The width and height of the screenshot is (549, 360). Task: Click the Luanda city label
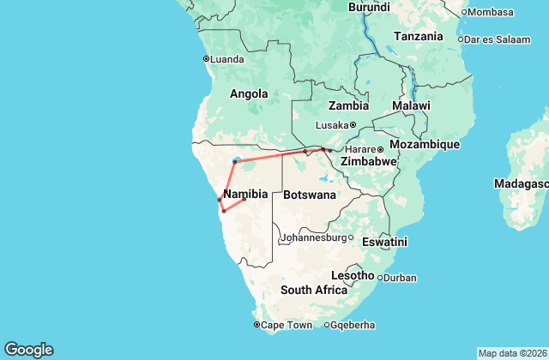tap(227, 59)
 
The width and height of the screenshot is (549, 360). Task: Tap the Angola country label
tap(249, 94)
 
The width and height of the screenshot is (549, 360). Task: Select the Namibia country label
tap(244, 194)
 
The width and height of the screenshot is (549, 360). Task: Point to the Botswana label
tap(309, 195)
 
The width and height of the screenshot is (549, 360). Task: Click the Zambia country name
tap(349, 106)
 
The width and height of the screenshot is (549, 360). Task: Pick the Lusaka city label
tap(332, 125)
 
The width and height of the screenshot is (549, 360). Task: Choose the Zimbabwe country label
tap(368, 161)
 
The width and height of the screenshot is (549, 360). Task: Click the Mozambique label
tap(425, 144)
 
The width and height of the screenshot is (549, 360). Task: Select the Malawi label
tap(410, 105)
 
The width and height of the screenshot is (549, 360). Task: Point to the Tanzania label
tap(418, 36)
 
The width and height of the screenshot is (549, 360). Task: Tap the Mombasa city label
tap(491, 12)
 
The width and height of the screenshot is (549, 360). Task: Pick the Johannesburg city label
tap(313, 237)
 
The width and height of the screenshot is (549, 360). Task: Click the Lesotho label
tap(353, 276)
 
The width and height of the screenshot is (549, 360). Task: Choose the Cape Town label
tap(286, 325)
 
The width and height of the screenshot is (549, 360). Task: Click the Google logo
tap(28, 349)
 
